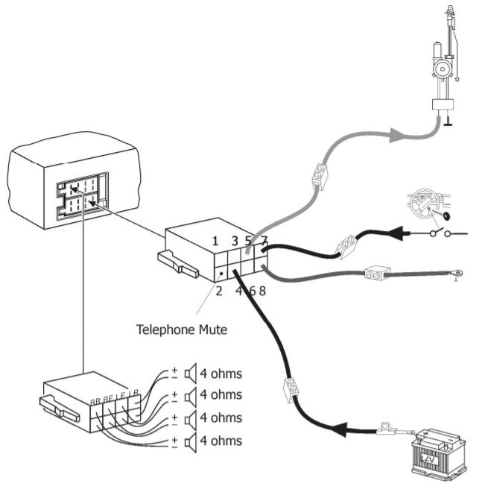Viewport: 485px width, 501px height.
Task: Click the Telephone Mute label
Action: coord(182,328)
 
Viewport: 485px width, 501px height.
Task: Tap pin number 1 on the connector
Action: coord(215,241)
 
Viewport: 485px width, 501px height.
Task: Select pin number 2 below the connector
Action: coord(219,291)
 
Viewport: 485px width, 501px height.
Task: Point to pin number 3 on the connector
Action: coord(235,241)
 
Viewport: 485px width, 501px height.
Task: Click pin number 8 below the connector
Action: coord(262,291)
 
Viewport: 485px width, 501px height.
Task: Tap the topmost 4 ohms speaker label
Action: coord(221,374)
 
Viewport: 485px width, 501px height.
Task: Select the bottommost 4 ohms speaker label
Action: coord(221,441)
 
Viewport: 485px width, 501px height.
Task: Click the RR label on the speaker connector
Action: coord(95,402)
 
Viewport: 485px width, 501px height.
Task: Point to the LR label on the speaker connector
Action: coord(133,392)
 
